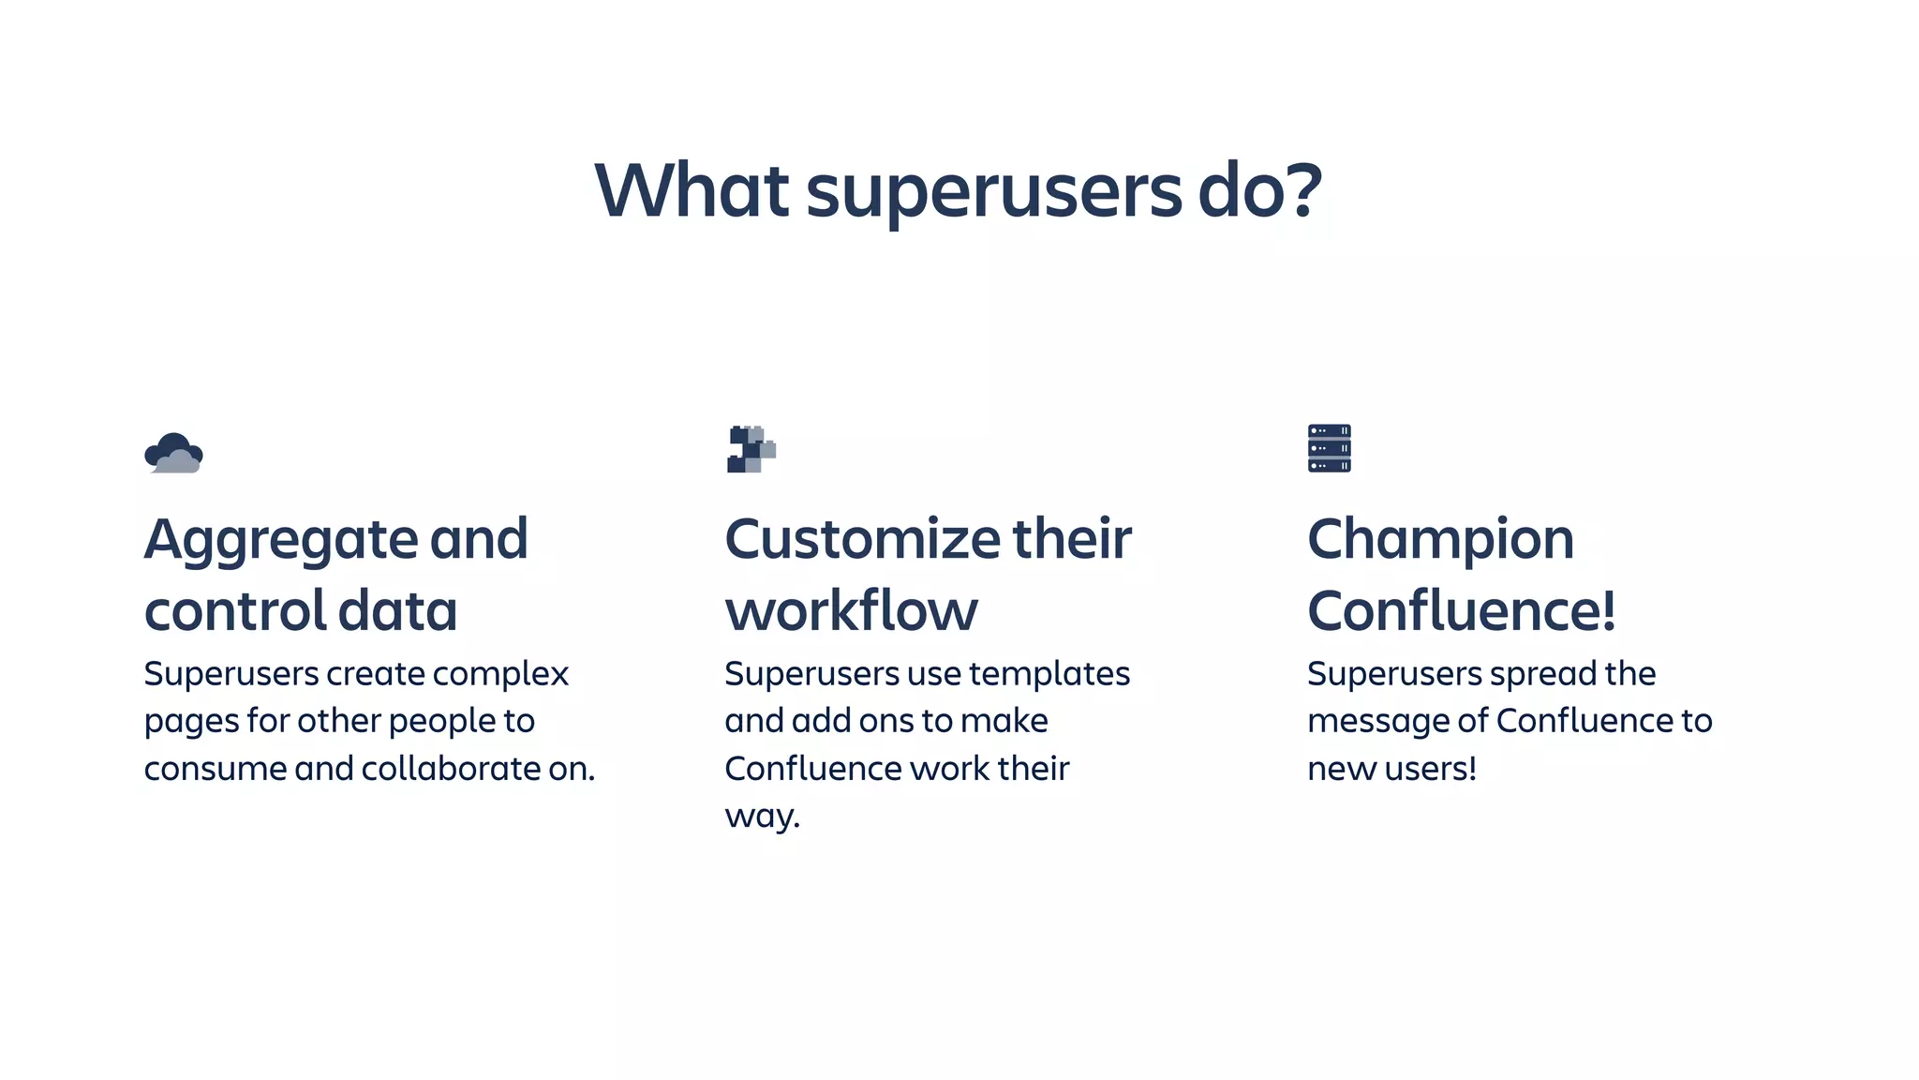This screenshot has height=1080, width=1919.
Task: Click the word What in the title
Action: pyautogui.click(x=692, y=190)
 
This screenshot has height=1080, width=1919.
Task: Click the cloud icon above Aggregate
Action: pyautogui.click(x=173, y=453)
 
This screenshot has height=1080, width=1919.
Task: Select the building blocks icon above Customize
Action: pyautogui.click(x=751, y=449)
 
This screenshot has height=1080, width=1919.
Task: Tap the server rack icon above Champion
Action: pyautogui.click(x=1329, y=448)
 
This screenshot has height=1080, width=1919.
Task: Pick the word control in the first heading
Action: pyautogui.click(x=233, y=610)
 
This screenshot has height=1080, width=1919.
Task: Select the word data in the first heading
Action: pyautogui.click(x=397, y=610)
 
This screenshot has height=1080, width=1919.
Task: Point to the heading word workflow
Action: pyautogui.click(x=851, y=610)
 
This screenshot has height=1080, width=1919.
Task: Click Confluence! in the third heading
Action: pyautogui.click(x=1461, y=610)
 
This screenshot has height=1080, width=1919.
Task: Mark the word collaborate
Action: pyautogui.click(x=453, y=769)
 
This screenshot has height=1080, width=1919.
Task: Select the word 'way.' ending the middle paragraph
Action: pyautogui.click(x=762, y=817)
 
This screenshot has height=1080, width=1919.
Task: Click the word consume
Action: pyautogui.click(x=215, y=770)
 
